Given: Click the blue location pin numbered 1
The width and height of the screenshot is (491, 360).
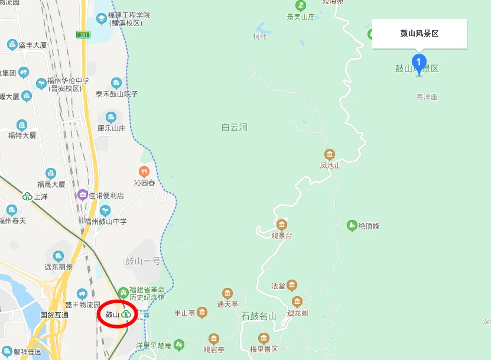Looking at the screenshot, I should click(419, 62).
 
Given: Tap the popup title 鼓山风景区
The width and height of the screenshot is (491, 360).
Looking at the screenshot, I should click(420, 34).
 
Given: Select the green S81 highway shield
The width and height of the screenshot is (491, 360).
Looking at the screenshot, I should click(85, 35).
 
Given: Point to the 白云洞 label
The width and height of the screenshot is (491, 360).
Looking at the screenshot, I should click(234, 127).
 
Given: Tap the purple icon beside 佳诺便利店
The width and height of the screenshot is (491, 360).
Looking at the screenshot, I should click(83, 194).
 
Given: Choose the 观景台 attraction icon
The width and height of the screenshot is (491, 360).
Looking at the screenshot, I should click(281, 225).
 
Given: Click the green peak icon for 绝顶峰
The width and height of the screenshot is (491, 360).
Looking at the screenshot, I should click(352, 225).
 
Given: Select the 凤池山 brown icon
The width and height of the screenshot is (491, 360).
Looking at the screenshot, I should click(330, 154).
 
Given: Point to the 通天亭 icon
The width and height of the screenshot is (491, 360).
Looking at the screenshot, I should click(227, 293).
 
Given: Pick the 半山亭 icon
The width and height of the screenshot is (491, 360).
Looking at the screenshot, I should click(202, 312).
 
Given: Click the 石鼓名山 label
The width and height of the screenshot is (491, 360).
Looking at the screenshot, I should click(259, 316).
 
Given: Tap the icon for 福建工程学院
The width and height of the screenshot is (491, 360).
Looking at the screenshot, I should click(102, 18).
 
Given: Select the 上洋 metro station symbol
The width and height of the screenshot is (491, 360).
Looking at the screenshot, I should click(27, 197).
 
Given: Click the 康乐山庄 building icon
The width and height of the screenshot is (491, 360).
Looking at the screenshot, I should click(111, 117).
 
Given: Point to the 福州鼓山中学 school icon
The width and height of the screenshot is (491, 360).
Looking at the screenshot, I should click(105, 210).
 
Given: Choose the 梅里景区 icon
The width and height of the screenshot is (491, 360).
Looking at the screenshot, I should click(264, 339).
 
